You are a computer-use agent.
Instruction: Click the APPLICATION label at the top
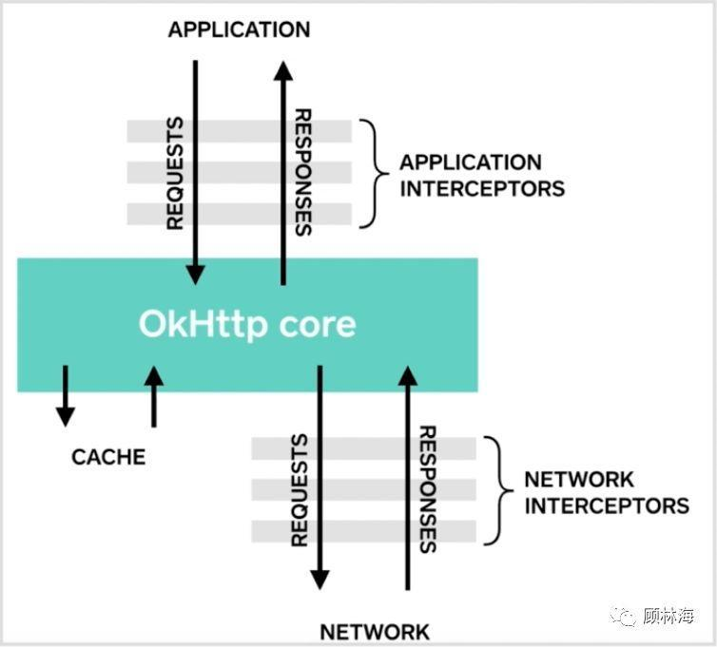point(239,30)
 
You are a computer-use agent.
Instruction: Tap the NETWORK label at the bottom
point(374,632)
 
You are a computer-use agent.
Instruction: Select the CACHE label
point(108,457)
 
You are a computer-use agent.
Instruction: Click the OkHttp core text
point(247,324)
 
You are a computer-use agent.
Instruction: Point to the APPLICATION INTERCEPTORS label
point(481,175)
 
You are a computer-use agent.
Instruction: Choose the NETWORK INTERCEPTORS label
point(606,492)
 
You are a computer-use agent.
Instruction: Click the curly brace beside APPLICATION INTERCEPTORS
point(372,174)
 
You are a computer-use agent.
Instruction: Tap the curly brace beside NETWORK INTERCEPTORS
point(497,491)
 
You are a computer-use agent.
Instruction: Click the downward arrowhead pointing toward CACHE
point(65,415)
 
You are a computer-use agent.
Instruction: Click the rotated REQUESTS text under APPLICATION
point(174,173)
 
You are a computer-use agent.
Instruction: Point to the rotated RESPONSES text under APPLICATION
point(302,172)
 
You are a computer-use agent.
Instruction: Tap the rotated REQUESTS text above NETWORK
point(300,490)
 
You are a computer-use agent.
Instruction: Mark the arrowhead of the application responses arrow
point(282,71)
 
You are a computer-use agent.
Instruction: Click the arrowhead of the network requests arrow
point(320,579)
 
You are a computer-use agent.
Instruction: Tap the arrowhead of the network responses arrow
point(407,377)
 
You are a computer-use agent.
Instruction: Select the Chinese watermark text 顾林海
point(669,617)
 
